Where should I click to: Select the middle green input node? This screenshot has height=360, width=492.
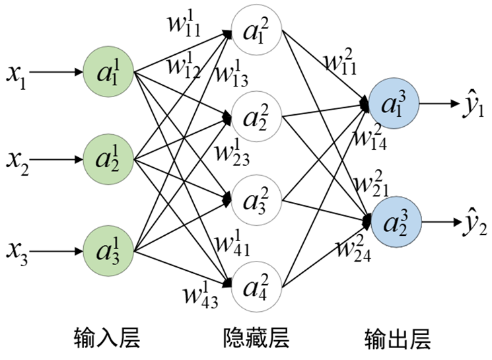109,159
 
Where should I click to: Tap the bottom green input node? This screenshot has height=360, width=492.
109,252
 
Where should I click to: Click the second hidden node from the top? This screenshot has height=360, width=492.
256,117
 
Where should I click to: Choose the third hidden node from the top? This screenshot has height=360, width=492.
256,200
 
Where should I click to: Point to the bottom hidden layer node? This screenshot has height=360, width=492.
256,286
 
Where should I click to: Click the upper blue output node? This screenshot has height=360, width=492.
394,104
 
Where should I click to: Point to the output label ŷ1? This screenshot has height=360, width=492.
471,104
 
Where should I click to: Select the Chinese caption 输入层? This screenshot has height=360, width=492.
108,339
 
